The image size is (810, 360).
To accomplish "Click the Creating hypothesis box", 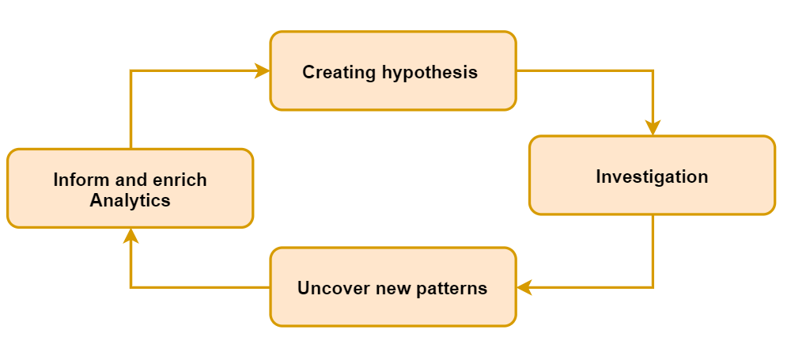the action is [393, 70].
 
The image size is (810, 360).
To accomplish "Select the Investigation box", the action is [653, 175].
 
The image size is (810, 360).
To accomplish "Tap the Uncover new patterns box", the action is [393, 286].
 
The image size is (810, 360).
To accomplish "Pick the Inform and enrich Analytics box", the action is [131, 188].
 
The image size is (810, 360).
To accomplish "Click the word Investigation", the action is [652, 176].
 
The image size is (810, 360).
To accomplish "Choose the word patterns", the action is [451, 288].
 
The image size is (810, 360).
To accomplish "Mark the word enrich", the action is [181, 180].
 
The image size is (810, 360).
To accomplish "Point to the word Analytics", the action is [131, 200].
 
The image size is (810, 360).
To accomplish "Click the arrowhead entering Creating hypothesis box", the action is [263, 70].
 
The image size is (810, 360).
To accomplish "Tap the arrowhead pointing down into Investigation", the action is [653, 127].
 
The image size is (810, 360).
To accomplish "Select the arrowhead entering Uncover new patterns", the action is [524, 287].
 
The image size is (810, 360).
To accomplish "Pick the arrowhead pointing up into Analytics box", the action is [131, 236].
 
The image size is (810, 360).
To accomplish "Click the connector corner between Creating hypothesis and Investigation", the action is [653, 70].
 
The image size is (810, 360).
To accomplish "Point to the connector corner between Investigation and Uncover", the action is [653, 287].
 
